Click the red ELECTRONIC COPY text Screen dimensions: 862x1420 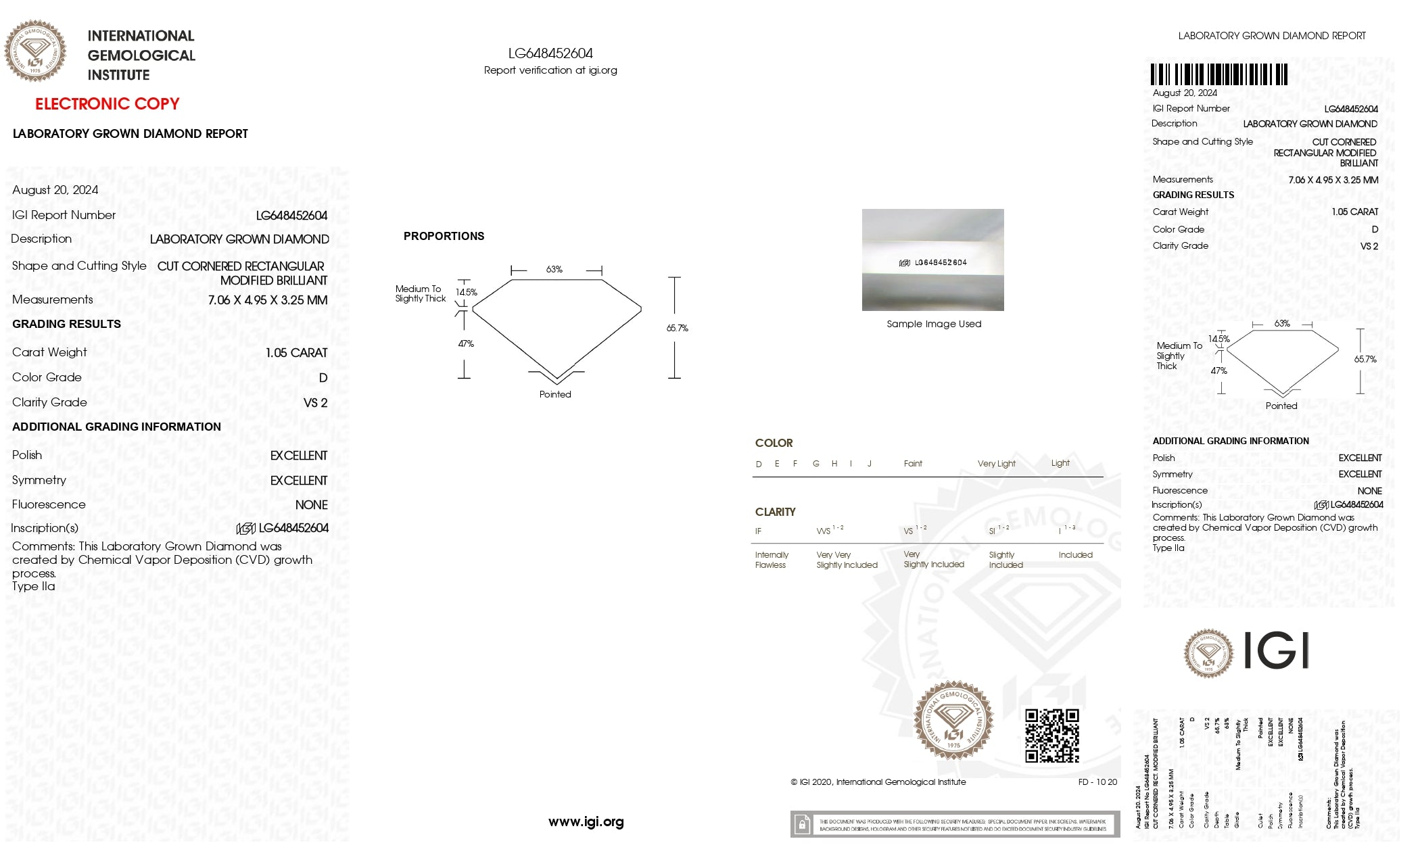[x=107, y=104]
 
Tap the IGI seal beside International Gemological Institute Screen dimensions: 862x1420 [x=35, y=51]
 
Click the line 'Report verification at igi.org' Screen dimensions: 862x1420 [x=550, y=70]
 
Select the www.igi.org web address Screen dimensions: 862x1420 [x=586, y=822]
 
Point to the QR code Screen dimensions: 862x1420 [x=1051, y=736]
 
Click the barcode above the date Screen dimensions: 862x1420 [x=1218, y=74]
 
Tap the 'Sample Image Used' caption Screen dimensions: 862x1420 [x=934, y=324]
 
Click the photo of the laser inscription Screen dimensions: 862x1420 [x=932, y=260]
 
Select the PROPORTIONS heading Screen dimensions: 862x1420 [x=444, y=236]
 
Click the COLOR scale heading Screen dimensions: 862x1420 [x=774, y=443]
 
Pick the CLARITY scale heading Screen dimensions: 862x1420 [x=775, y=512]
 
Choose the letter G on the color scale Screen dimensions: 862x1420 [x=816, y=464]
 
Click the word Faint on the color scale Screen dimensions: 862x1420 [x=913, y=464]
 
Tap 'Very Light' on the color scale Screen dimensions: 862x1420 [x=996, y=464]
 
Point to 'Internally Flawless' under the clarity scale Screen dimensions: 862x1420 [x=771, y=560]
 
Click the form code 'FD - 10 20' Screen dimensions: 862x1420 [x=1097, y=782]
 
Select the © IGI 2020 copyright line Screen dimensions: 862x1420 [x=878, y=782]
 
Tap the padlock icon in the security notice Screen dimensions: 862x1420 [x=802, y=825]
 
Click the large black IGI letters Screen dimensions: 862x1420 [x=1276, y=651]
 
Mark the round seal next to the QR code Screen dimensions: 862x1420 [x=953, y=720]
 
